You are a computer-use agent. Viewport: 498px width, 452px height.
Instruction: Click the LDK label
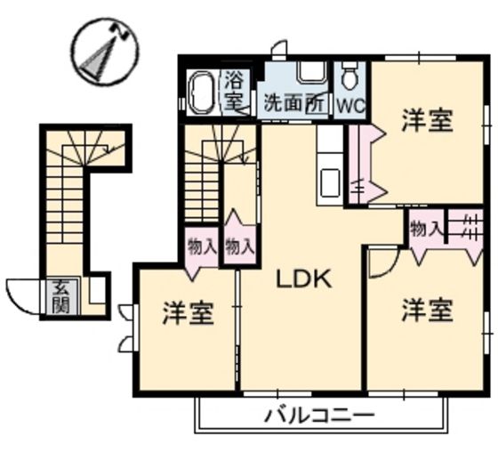[302, 279]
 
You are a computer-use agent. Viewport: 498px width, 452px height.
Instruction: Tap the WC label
[349, 104]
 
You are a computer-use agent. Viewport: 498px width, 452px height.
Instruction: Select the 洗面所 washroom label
[292, 103]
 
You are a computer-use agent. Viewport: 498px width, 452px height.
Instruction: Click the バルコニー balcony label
[318, 415]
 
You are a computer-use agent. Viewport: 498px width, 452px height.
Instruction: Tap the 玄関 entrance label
[60, 297]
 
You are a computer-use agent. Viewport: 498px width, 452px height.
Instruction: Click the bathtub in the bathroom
[200, 93]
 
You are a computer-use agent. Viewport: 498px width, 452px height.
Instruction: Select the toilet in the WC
[349, 77]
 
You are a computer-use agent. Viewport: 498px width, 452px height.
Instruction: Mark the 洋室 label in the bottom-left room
[188, 314]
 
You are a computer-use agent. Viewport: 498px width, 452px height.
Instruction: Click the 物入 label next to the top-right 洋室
[426, 229]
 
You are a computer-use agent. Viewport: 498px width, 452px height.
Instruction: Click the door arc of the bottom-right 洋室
[382, 261]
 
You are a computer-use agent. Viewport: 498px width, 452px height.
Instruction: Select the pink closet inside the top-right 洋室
[364, 165]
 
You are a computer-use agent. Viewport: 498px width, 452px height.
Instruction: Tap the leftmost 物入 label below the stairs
[202, 246]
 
